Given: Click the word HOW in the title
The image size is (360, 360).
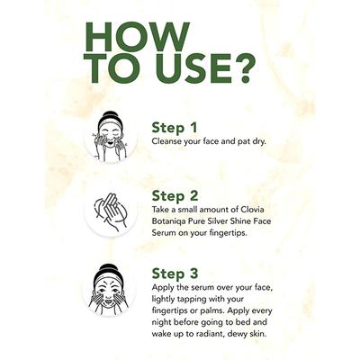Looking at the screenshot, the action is [137, 37].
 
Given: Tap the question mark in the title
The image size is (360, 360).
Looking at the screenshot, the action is [245, 69].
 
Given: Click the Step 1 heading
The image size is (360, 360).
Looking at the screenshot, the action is [175, 128].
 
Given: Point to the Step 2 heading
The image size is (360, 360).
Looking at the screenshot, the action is [175, 196].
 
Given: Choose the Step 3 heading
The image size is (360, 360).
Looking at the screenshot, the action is [175, 274].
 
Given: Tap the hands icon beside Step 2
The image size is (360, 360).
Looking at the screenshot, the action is [111, 211].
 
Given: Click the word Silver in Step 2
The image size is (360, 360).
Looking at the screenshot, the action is [219, 221].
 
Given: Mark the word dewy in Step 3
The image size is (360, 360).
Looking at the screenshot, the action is [238, 334].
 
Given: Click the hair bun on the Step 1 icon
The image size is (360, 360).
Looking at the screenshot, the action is [110, 115].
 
